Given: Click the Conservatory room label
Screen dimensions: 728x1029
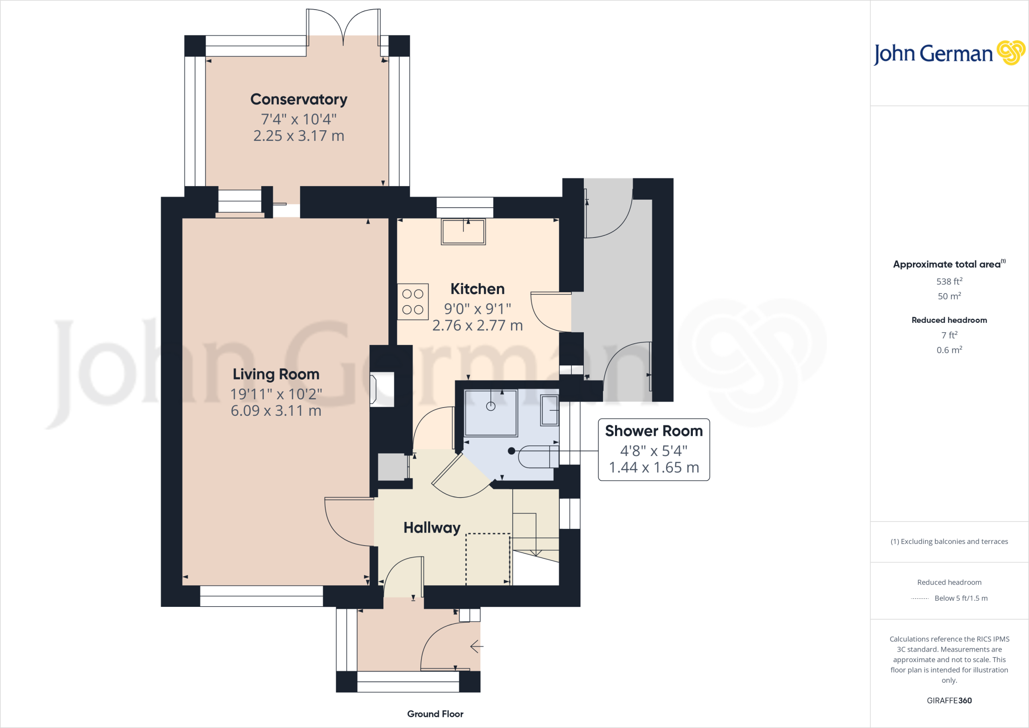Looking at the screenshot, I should [x=298, y=100].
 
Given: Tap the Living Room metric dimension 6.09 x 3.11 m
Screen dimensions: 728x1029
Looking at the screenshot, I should [x=276, y=411].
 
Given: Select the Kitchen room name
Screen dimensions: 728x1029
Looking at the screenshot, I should [x=477, y=289].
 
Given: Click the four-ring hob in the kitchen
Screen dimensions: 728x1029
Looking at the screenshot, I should [x=413, y=302].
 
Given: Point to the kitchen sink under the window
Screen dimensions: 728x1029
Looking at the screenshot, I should [x=463, y=232].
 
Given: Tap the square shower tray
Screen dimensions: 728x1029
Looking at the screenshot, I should [x=491, y=413].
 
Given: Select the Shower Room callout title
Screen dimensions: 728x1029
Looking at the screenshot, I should [x=653, y=431].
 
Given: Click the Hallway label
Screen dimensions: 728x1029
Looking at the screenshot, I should [x=432, y=527].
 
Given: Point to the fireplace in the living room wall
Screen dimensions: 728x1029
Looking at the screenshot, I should [x=381, y=389].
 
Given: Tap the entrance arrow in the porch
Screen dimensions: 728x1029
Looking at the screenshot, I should [x=476, y=647].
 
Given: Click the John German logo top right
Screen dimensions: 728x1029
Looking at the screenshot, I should [x=949, y=53].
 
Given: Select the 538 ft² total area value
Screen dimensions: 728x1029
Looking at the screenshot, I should [x=949, y=282].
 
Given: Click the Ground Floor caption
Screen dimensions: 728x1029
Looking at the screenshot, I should [x=435, y=714].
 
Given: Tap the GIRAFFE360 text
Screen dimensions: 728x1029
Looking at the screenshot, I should [x=949, y=700].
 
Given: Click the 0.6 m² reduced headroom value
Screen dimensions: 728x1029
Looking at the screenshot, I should [x=949, y=350].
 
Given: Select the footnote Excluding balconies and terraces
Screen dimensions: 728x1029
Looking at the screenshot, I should [x=949, y=541].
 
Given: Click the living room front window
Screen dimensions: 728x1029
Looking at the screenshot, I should [x=261, y=596].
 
